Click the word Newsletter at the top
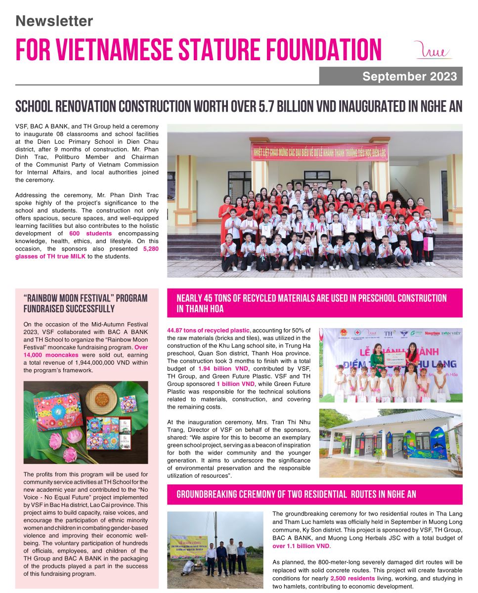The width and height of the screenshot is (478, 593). pyautogui.click(x=54, y=21)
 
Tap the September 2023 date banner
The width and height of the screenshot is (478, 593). pyautogui.click(x=391, y=77)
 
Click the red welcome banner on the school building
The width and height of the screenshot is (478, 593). pyautogui.click(x=319, y=151)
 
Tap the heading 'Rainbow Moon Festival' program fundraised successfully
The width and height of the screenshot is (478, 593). pyautogui.click(x=86, y=303)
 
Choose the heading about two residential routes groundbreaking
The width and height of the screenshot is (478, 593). pyautogui.click(x=297, y=494)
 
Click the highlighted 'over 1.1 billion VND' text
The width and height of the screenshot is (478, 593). pyautogui.click(x=301, y=546)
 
